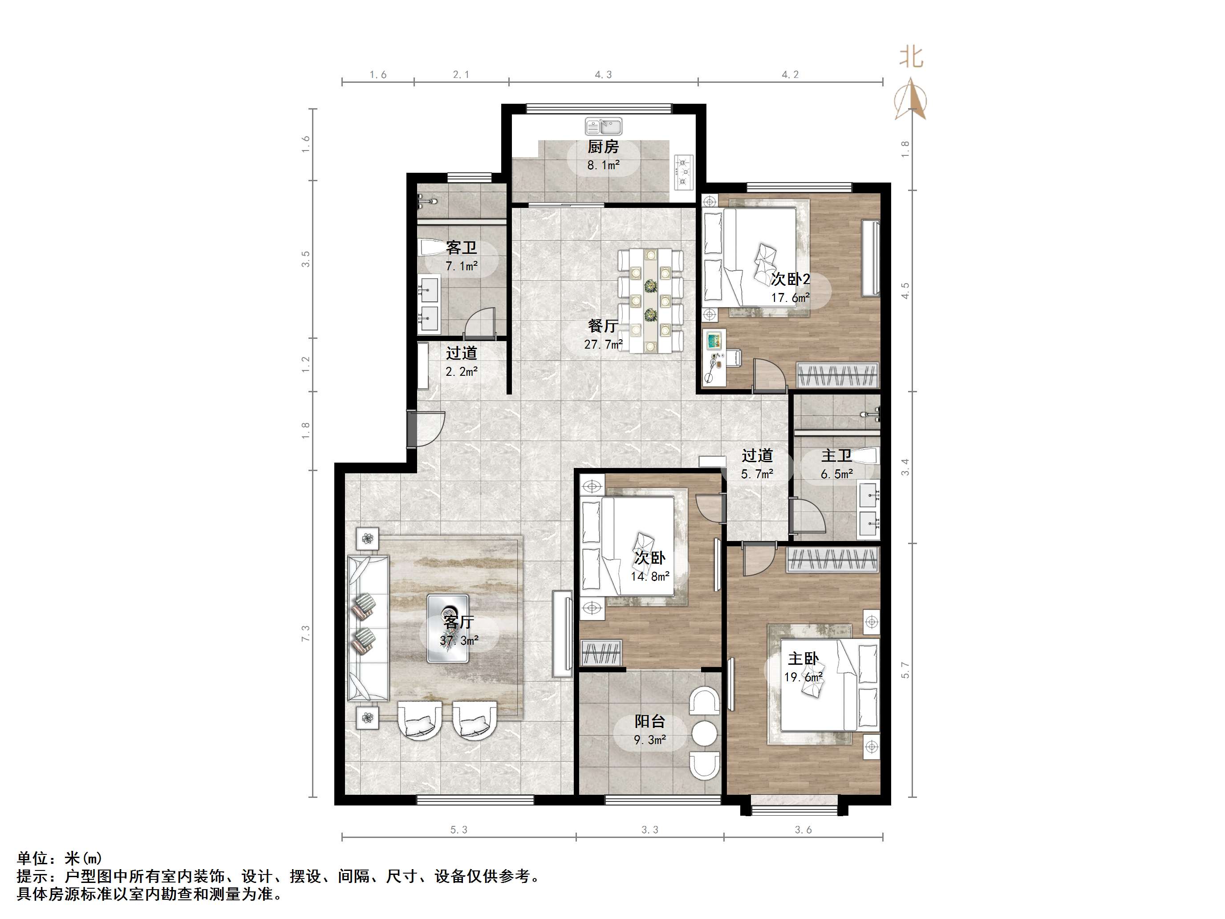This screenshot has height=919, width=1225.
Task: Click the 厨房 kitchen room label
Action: click(603, 147)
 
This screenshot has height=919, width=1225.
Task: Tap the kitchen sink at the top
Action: click(604, 126)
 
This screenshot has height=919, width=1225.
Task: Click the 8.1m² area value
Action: click(603, 165)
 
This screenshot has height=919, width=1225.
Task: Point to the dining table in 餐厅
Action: click(650, 301)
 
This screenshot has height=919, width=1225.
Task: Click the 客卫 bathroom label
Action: click(461, 248)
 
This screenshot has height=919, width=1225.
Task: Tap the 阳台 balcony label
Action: click(649, 721)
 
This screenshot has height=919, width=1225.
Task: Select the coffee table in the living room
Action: click(448, 628)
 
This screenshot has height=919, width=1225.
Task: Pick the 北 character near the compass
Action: click(911, 57)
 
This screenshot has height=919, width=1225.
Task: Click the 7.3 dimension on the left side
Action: click(306, 634)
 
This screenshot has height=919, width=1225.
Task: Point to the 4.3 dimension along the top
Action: click(603, 75)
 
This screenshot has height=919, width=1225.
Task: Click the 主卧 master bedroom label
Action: click(803, 659)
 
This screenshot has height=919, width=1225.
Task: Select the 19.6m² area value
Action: click(803, 677)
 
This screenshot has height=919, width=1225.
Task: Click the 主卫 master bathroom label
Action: click(836, 455)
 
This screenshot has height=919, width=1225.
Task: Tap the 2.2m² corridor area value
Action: click(461, 371)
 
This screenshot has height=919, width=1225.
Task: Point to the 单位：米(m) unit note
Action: click(59, 858)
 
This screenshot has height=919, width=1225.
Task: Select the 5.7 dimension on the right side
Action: click(905, 670)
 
